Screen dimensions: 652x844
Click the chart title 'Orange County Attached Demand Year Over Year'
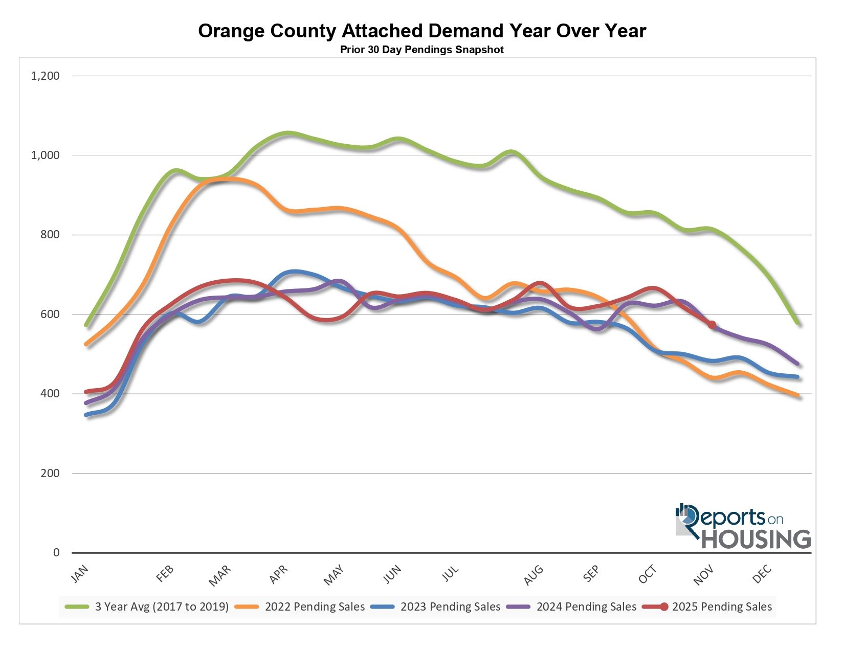pyautogui.click(x=422, y=31)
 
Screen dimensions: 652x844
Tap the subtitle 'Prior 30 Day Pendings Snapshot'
pyautogui.click(x=422, y=50)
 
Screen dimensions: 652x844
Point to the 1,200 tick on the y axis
pyautogui.click(x=46, y=76)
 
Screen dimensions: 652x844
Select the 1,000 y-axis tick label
pyautogui.click(x=46, y=155)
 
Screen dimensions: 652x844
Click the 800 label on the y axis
pyautogui.click(x=50, y=235)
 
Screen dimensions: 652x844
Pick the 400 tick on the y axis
pyautogui.click(x=50, y=394)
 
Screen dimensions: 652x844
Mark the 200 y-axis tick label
pyautogui.click(x=50, y=473)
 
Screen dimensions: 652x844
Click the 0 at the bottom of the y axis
pyautogui.click(x=56, y=553)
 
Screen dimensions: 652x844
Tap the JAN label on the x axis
pyautogui.click(x=80, y=574)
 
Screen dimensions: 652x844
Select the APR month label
pyautogui.click(x=279, y=574)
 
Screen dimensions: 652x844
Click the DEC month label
pyautogui.click(x=762, y=574)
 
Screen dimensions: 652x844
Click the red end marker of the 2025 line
pyautogui.click(x=712, y=325)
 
